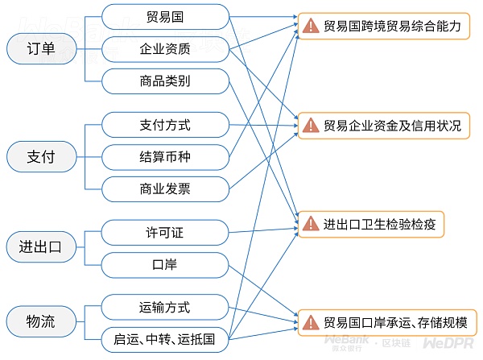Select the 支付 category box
(41, 155)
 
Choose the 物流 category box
(41, 322)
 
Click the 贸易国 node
(164, 16)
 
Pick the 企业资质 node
(164, 48)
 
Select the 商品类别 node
(164, 80)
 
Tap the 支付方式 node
(164, 126)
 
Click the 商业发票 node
(164, 188)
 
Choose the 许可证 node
(164, 233)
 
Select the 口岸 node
(164, 263)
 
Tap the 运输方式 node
(164, 308)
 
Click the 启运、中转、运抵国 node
(164, 339)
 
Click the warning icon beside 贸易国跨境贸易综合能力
(311, 26)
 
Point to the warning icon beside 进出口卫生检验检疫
(311, 223)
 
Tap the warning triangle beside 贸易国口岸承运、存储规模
(311, 322)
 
